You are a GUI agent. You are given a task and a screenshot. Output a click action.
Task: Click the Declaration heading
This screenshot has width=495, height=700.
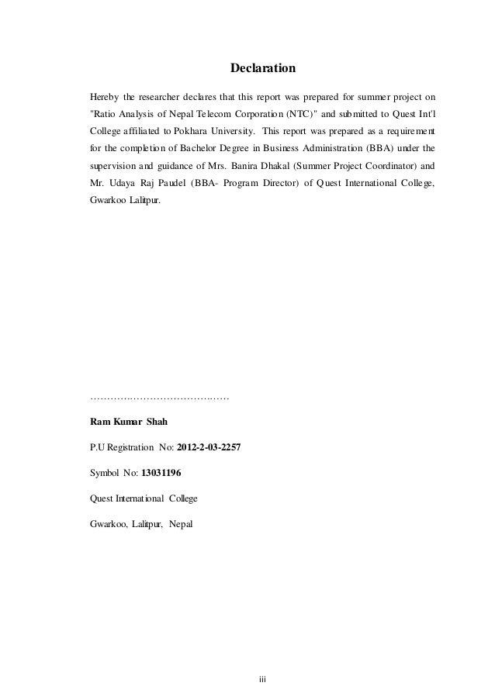click(263, 69)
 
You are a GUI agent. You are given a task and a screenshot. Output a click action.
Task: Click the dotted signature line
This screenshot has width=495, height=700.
click(159, 398)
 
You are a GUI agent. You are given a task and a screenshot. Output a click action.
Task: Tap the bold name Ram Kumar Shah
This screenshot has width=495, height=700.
click(130, 422)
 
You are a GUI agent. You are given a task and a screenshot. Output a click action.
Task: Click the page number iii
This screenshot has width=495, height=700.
click(262, 679)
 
